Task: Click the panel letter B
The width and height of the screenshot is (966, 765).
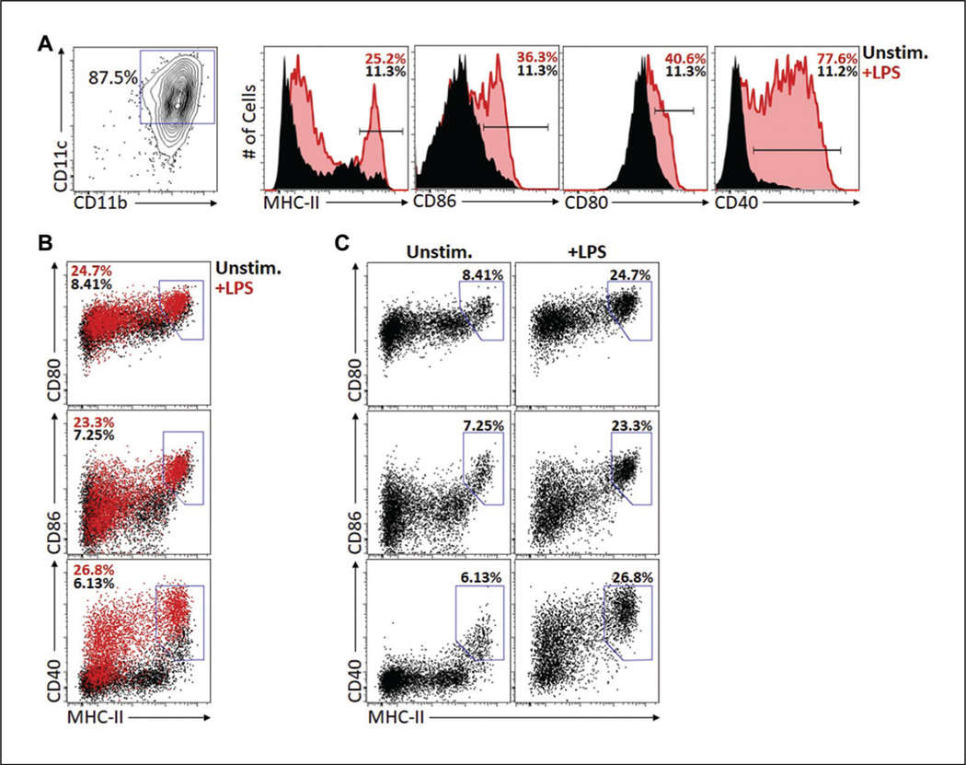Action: pos(41,244)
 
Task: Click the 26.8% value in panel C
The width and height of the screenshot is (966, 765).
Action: pos(628,578)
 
